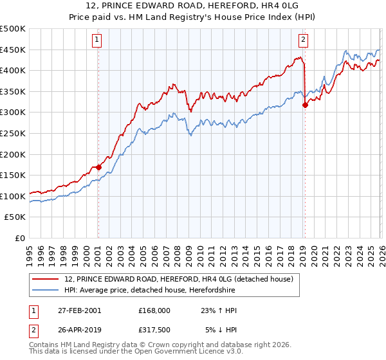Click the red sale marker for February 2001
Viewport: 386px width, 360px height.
coord(98,168)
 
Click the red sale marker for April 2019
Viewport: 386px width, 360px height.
coord(305,106)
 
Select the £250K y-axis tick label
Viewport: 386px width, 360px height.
coord(13,133)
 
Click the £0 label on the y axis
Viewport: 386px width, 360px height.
coord(19,238)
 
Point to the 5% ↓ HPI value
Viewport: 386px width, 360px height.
coord(221,330)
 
